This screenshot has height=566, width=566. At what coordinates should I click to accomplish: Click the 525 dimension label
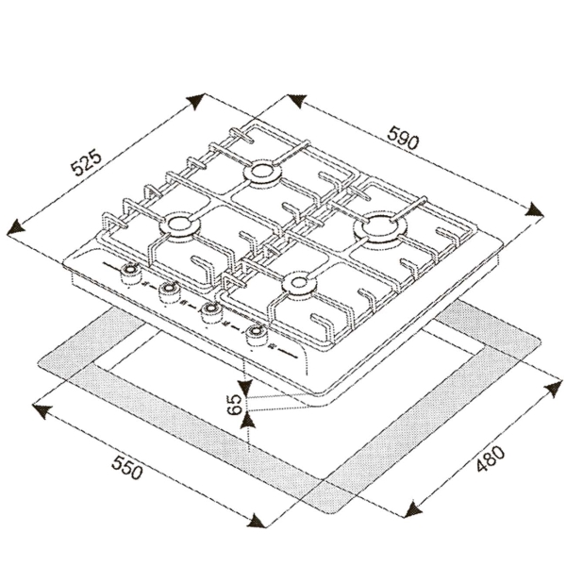coord(86,164)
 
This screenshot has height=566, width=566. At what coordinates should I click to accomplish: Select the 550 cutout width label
coord(126,468)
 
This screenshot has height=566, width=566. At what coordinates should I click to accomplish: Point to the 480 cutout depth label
coord(490,458)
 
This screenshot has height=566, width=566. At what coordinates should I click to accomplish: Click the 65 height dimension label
coord(234,405)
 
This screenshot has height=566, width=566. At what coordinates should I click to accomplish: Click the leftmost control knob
coord(129,274)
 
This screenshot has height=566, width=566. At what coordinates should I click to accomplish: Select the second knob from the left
coord(169,291)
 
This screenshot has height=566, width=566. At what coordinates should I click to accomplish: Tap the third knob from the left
coord(210,312)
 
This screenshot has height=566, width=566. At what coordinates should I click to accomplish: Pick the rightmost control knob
coord(256,334)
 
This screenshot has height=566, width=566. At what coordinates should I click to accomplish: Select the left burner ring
coord(179,225)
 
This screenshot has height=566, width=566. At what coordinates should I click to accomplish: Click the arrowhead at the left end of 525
coord(15,229)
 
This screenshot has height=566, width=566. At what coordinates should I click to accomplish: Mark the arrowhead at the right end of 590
coord(535,210)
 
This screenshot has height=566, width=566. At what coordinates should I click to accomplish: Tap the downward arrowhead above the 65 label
coord(246,387)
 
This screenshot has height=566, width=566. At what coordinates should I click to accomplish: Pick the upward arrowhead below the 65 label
coord(248,421)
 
